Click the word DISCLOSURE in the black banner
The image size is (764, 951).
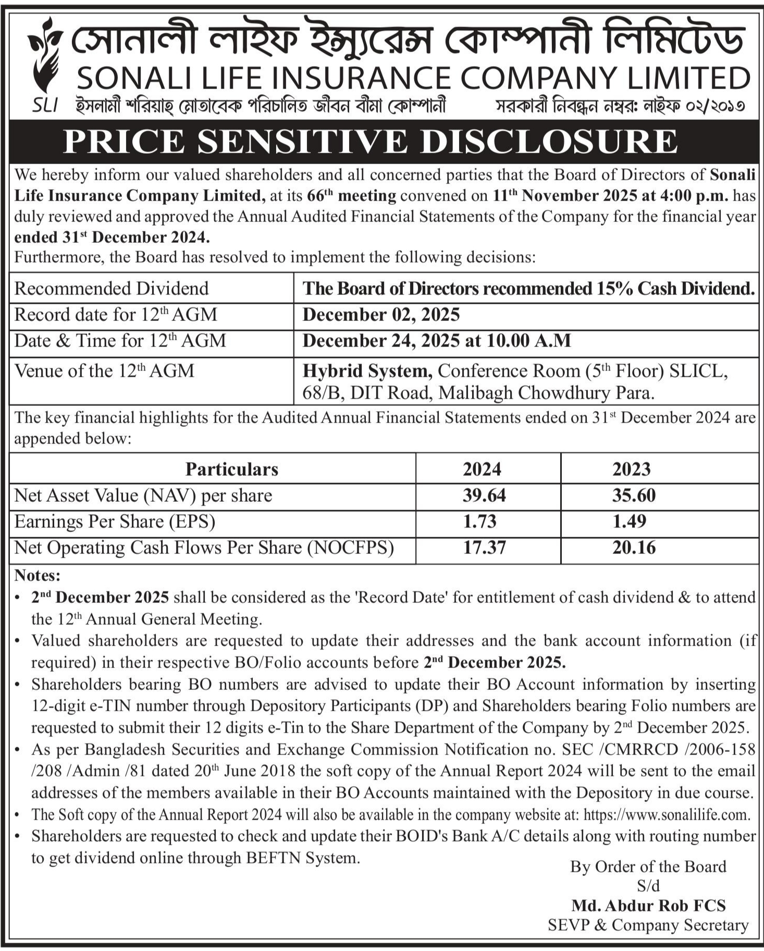[549, 141]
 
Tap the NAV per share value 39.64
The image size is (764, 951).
[484, 495]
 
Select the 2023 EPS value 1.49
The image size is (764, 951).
[629, 521]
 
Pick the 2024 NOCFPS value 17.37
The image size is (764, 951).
[484, 548]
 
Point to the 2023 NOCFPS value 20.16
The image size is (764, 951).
[634, 548]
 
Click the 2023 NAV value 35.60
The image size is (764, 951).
[634, 495]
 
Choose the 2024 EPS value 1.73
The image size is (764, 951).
[479, 521]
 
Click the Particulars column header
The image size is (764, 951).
[232, 469]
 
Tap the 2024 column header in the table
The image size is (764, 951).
[482, 469]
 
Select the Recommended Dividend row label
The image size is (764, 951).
[112, 288]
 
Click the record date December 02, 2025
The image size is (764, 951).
[381, 315]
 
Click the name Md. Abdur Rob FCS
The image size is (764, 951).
[648, 905]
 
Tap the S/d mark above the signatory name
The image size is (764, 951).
[648, 885]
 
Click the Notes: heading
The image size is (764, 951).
[38, 575]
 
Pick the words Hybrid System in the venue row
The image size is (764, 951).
[367, 371]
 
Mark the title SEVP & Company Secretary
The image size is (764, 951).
[648, 925]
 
